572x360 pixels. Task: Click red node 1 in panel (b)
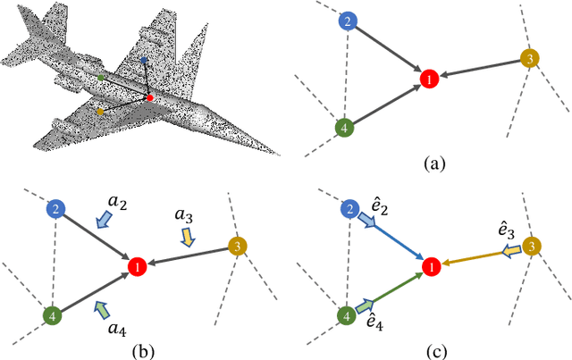coord(137,267)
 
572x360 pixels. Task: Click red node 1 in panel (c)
coord(431,266)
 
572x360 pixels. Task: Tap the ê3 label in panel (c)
coord(505,231)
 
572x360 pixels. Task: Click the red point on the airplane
coord(150,96)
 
